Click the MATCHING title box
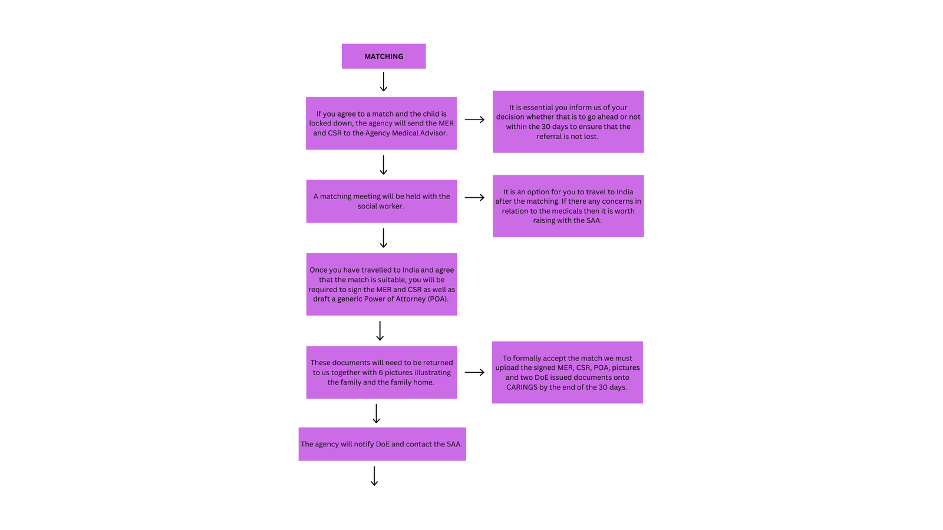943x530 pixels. tap(384, 57)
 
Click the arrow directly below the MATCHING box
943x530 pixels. tap(384, 82)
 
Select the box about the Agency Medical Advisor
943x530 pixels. tap(381, 123)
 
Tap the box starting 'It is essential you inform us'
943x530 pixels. tap(568, 122)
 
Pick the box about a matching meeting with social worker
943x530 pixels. tap(381, 201)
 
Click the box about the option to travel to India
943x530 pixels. tap(568, 206)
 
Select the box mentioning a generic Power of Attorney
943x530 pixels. tap(381, 284)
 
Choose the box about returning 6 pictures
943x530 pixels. tap(381, 372)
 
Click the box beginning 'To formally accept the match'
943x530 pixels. tap(568, 372)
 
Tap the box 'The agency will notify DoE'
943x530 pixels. tap(382, 444)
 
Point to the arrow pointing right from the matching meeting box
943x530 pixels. tap(474, 197)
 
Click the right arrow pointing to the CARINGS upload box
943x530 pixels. tap(474, 372)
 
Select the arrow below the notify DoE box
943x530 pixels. tap(374, 476)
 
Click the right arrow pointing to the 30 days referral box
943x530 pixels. tap(474, 120)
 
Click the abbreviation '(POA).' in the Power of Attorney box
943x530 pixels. tap(438, 299)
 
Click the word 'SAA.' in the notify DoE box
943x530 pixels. tap(454, 445)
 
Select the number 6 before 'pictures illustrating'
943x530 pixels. tap(381, 373)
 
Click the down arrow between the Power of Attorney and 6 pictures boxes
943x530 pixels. tap(380, 331)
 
